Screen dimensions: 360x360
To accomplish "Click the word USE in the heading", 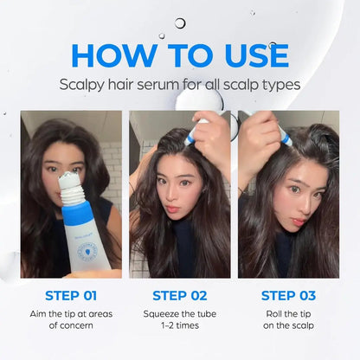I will [x=249, y=55].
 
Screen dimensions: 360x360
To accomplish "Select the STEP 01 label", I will [x=71, y=296].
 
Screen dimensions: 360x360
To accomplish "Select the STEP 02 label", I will [x=180, y=296].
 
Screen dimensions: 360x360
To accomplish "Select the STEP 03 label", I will [x=289, y=296].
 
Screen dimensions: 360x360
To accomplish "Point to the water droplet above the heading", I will [x=180, y=23].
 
